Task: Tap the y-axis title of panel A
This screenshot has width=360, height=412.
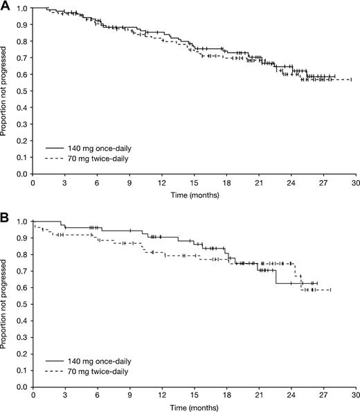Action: coord(6,91)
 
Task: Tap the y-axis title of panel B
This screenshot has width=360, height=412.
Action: coord(6,304)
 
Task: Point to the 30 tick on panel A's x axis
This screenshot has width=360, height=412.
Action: coord(355,184)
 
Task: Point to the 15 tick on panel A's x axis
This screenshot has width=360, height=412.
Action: coord(194,184)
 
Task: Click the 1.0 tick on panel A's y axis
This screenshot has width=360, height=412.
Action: coord(24,8)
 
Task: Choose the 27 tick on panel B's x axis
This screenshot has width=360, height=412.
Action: coord(323,397)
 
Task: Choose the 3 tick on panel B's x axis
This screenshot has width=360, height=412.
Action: coord(64,397)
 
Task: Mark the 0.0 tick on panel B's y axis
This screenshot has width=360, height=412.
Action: coord(24,386)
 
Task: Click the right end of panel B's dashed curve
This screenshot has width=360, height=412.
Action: coord(331,289)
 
